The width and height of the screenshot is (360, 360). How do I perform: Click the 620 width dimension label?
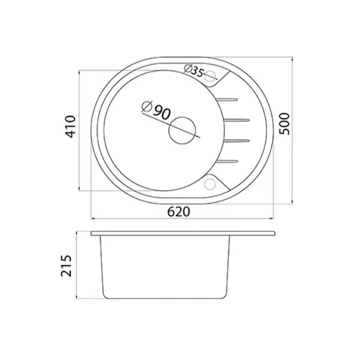pyautogui.click(x=179, y=212)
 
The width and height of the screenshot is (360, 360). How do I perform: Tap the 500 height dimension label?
pyautogui.click(x=284, y=124)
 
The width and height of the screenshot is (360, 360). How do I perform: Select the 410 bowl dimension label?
pyautogui.click(x=70, y=126)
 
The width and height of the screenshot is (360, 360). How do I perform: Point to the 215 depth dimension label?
pyautogui.click(x=66, y=265)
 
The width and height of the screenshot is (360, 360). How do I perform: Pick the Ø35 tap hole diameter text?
pyautogui.click(x=193, y=71)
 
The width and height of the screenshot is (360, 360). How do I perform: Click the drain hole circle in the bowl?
pyautogui.click(x=182, y=130)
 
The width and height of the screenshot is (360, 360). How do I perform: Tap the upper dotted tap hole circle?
pyautogui.click(x=210, y=76)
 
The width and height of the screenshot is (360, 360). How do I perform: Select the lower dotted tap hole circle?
pyautogui.click(x=210, y=184)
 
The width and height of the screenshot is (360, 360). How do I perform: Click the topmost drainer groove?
pyautogui.click(x=227, y=99)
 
